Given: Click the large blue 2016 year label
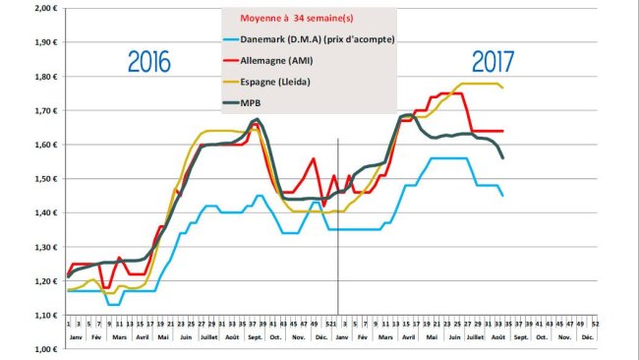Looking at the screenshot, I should (148, 62).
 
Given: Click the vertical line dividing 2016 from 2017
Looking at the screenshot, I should (338, 226).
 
